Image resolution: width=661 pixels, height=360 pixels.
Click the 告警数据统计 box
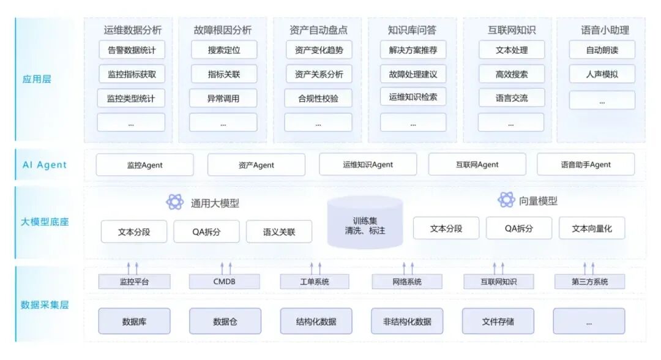(132, 50)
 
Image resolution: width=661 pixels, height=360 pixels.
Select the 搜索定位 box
(223, 50)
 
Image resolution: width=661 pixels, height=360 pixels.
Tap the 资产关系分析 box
(319, 74)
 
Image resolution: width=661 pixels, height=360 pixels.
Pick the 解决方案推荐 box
(413, 50)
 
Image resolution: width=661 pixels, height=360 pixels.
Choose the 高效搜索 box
(511, 74)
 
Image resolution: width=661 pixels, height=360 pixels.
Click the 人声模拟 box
(602, 74)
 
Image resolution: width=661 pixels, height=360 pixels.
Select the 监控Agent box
(144, 165)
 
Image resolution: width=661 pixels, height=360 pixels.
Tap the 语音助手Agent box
(586, 165)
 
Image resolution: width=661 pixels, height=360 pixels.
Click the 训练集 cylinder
(365, 223)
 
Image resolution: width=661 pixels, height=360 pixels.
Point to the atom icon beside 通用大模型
(175, 202)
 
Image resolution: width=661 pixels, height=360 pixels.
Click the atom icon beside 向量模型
(506, 200)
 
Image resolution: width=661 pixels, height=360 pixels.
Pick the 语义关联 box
(279, 232)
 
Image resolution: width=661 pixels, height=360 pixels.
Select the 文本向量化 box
(592, 228)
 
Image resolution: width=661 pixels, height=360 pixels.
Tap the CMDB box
(224, 282)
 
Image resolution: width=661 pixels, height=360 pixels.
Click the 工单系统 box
(315, 282)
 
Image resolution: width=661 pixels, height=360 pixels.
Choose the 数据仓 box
(225, 321)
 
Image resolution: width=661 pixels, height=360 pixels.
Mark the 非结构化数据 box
(407, 321)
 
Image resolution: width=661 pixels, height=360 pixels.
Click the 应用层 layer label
(35, 78)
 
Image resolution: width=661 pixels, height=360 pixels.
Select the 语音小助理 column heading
(605, 29)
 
